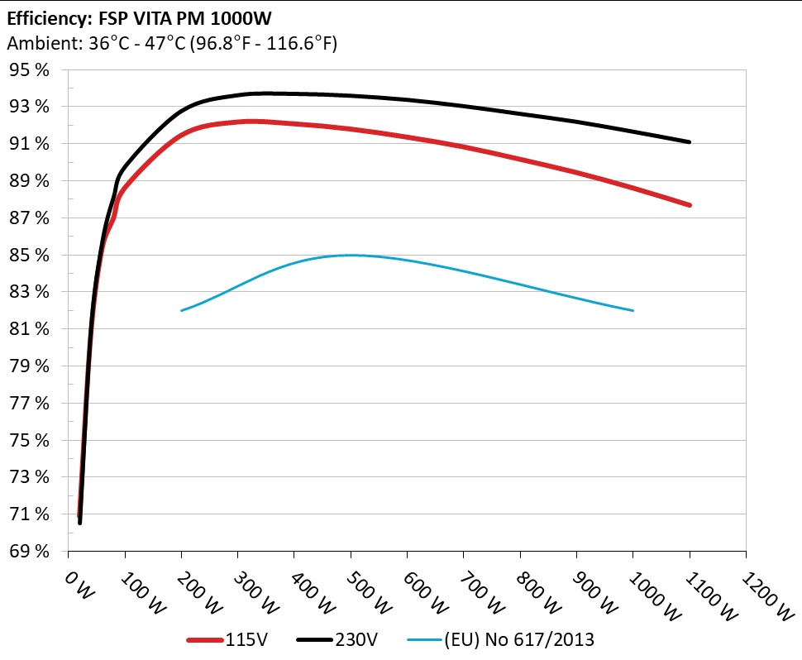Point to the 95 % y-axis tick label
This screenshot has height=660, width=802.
pos(30,70)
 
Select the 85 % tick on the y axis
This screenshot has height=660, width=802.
pos(30,256)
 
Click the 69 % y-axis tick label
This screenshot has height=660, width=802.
pos(30,552)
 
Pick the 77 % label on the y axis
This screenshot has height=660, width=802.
pos(30,404)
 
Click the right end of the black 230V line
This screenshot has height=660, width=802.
pos(689,142)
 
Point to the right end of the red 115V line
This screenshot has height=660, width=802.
pos(689,205)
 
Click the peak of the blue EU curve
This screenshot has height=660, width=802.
pos(351,256)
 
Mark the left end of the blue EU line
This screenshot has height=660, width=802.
pos(182,310)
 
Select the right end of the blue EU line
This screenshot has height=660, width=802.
pos(633,310)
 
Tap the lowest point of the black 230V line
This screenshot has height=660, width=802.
pos(80,523)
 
